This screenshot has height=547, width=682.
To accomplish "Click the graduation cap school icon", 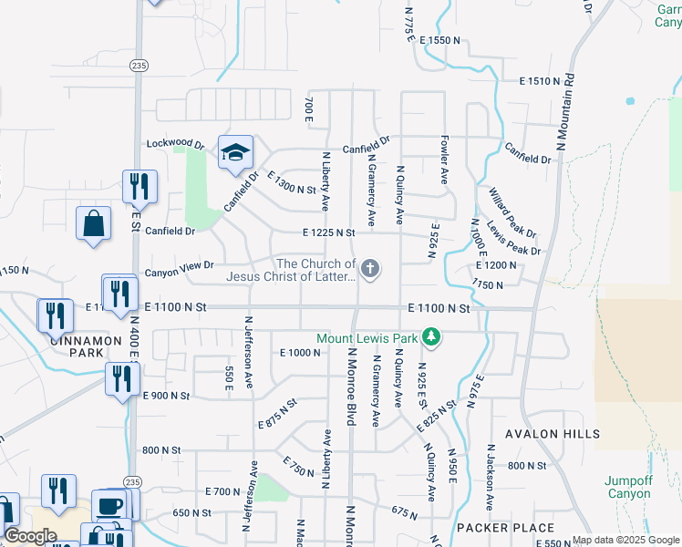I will pos(234,152).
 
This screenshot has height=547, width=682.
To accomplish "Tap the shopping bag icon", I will pos(94,223).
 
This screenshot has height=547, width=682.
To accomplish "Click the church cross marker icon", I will pos(369,268).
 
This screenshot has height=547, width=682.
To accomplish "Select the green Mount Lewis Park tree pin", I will pos(431,338).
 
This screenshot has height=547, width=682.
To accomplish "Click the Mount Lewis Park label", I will pos(367,338).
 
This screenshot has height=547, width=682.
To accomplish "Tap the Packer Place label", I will pos(518,528).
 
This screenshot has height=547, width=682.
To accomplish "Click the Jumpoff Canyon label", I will pos(628,487).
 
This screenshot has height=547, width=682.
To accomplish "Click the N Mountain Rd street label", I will pos(564,113).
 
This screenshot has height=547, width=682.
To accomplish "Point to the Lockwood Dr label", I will pos(175,144).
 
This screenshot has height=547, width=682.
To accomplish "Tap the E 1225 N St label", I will pos(329,232).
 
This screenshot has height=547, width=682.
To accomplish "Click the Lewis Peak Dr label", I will pos(513,238).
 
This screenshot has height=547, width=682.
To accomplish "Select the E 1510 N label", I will pos(539,81).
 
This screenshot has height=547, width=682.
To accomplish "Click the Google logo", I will pos(30,536).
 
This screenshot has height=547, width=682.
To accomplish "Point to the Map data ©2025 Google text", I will pos(625,540).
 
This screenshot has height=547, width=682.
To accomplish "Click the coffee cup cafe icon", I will pos(111,504).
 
